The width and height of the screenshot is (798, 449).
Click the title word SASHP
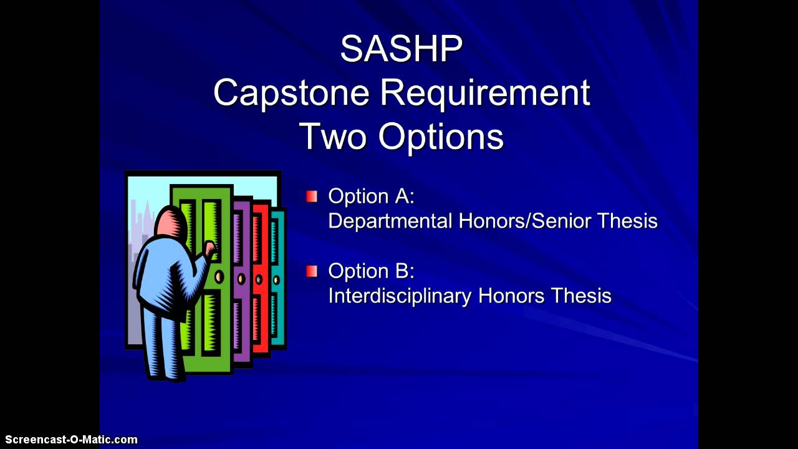point(401,49)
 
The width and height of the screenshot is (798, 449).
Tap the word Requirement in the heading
point(484,93)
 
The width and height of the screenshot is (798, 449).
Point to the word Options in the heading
point(441,136)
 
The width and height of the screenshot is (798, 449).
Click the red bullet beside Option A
point(312,196)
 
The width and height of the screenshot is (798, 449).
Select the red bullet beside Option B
point(312,271)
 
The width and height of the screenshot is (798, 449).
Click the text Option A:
point(371,196)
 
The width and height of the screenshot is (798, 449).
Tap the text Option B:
point(371,271)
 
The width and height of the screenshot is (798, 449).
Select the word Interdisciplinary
point(400,296)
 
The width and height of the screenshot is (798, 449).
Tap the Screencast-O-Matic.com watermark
point(69,440)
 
